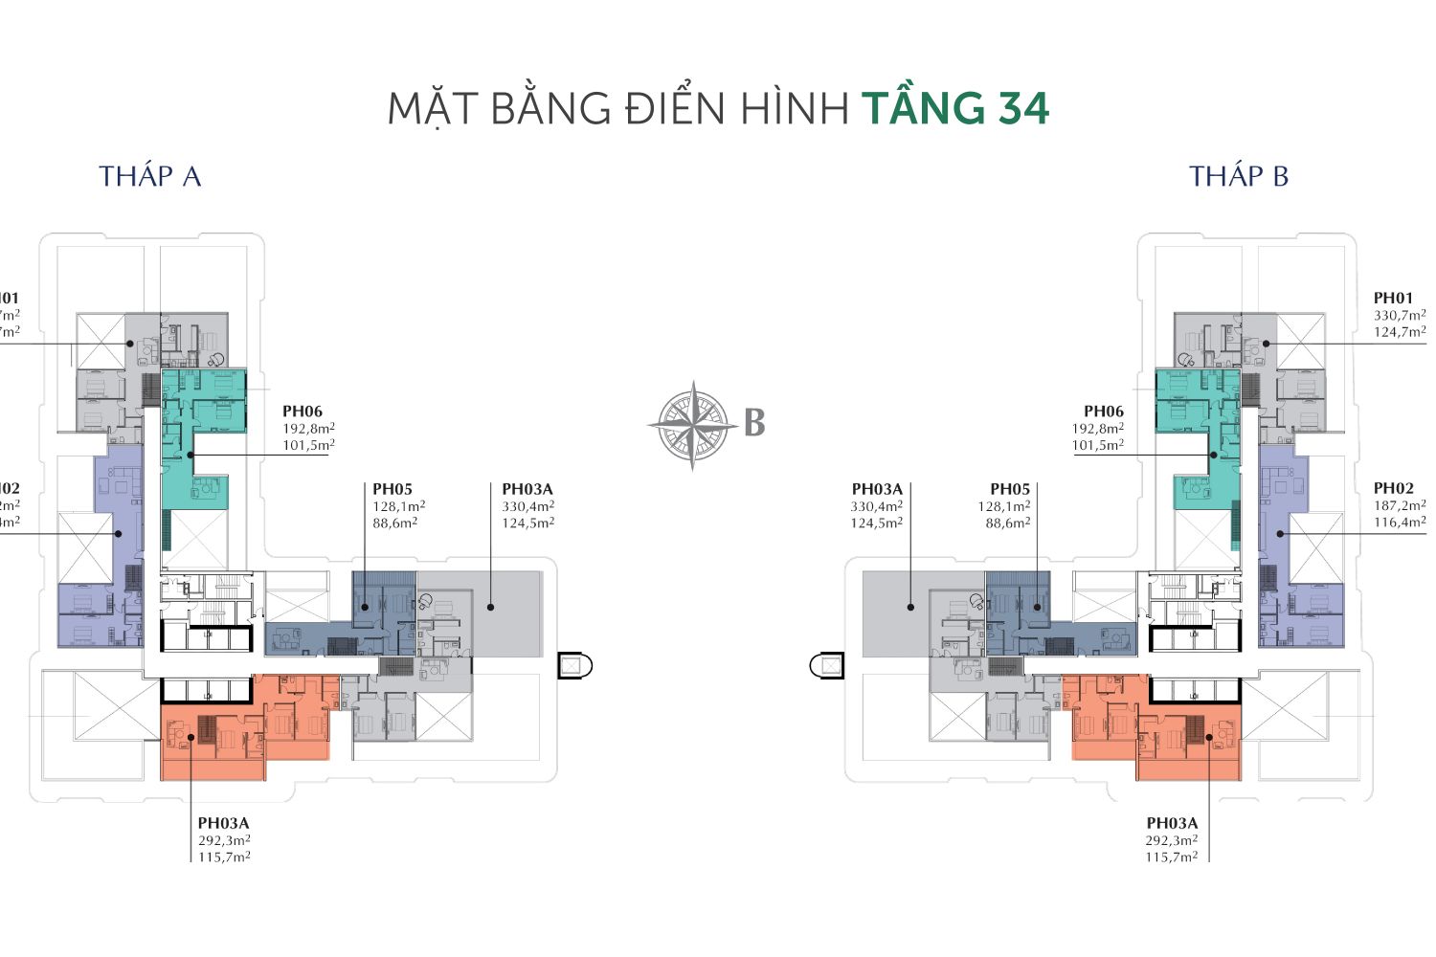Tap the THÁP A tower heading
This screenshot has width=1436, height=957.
pos(150,176)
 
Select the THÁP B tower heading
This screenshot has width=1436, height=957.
pos(1239,176)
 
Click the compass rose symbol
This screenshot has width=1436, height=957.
pos(692,425)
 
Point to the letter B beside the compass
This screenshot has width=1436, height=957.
pos(754,423)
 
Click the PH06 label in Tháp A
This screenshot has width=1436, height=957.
pos(303,412)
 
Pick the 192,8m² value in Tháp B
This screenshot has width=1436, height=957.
pos(1097,429)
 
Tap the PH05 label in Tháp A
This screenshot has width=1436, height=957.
pos(393,489)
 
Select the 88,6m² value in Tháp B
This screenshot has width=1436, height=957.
pos(1008,523)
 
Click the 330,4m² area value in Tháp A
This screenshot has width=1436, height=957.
pos(527,506)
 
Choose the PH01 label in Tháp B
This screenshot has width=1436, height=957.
pos(1393,298)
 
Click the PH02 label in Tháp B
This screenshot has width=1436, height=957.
pos(1393,488)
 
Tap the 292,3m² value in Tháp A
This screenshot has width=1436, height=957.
pos(224,840)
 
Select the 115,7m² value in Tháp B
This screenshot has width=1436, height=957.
pos(1172,857)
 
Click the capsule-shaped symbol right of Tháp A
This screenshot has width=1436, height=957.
pos(575,664)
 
